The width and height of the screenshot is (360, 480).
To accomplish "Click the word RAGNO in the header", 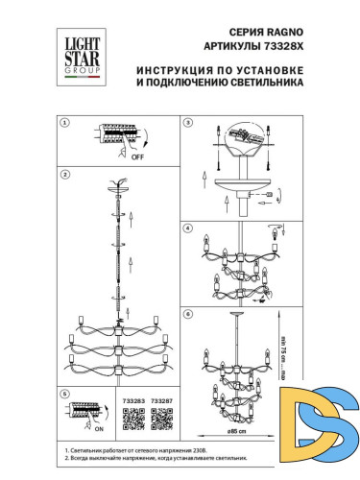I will pos(276,32).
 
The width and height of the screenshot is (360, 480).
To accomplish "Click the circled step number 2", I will pos(66,176).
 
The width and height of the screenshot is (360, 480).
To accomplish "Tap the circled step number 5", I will pos(66,393).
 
